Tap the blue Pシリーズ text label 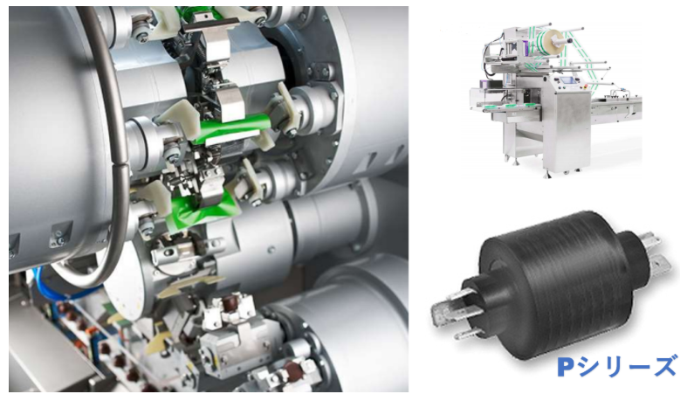(617, 367)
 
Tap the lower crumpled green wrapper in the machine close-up (201, 211)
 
